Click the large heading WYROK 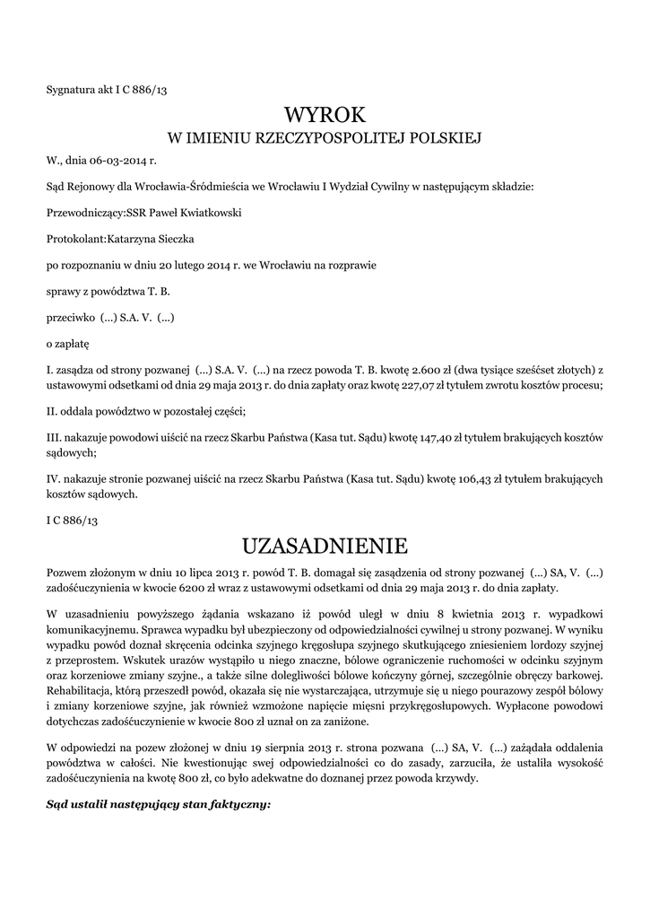(x=325, y=115)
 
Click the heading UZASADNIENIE (x=325, y=546)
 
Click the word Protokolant (x=75, y=239)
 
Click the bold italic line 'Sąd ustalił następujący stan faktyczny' (x=158, y=803)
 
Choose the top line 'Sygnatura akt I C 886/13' (x=107, y=89)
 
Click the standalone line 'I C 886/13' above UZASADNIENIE (x=72, y=521)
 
